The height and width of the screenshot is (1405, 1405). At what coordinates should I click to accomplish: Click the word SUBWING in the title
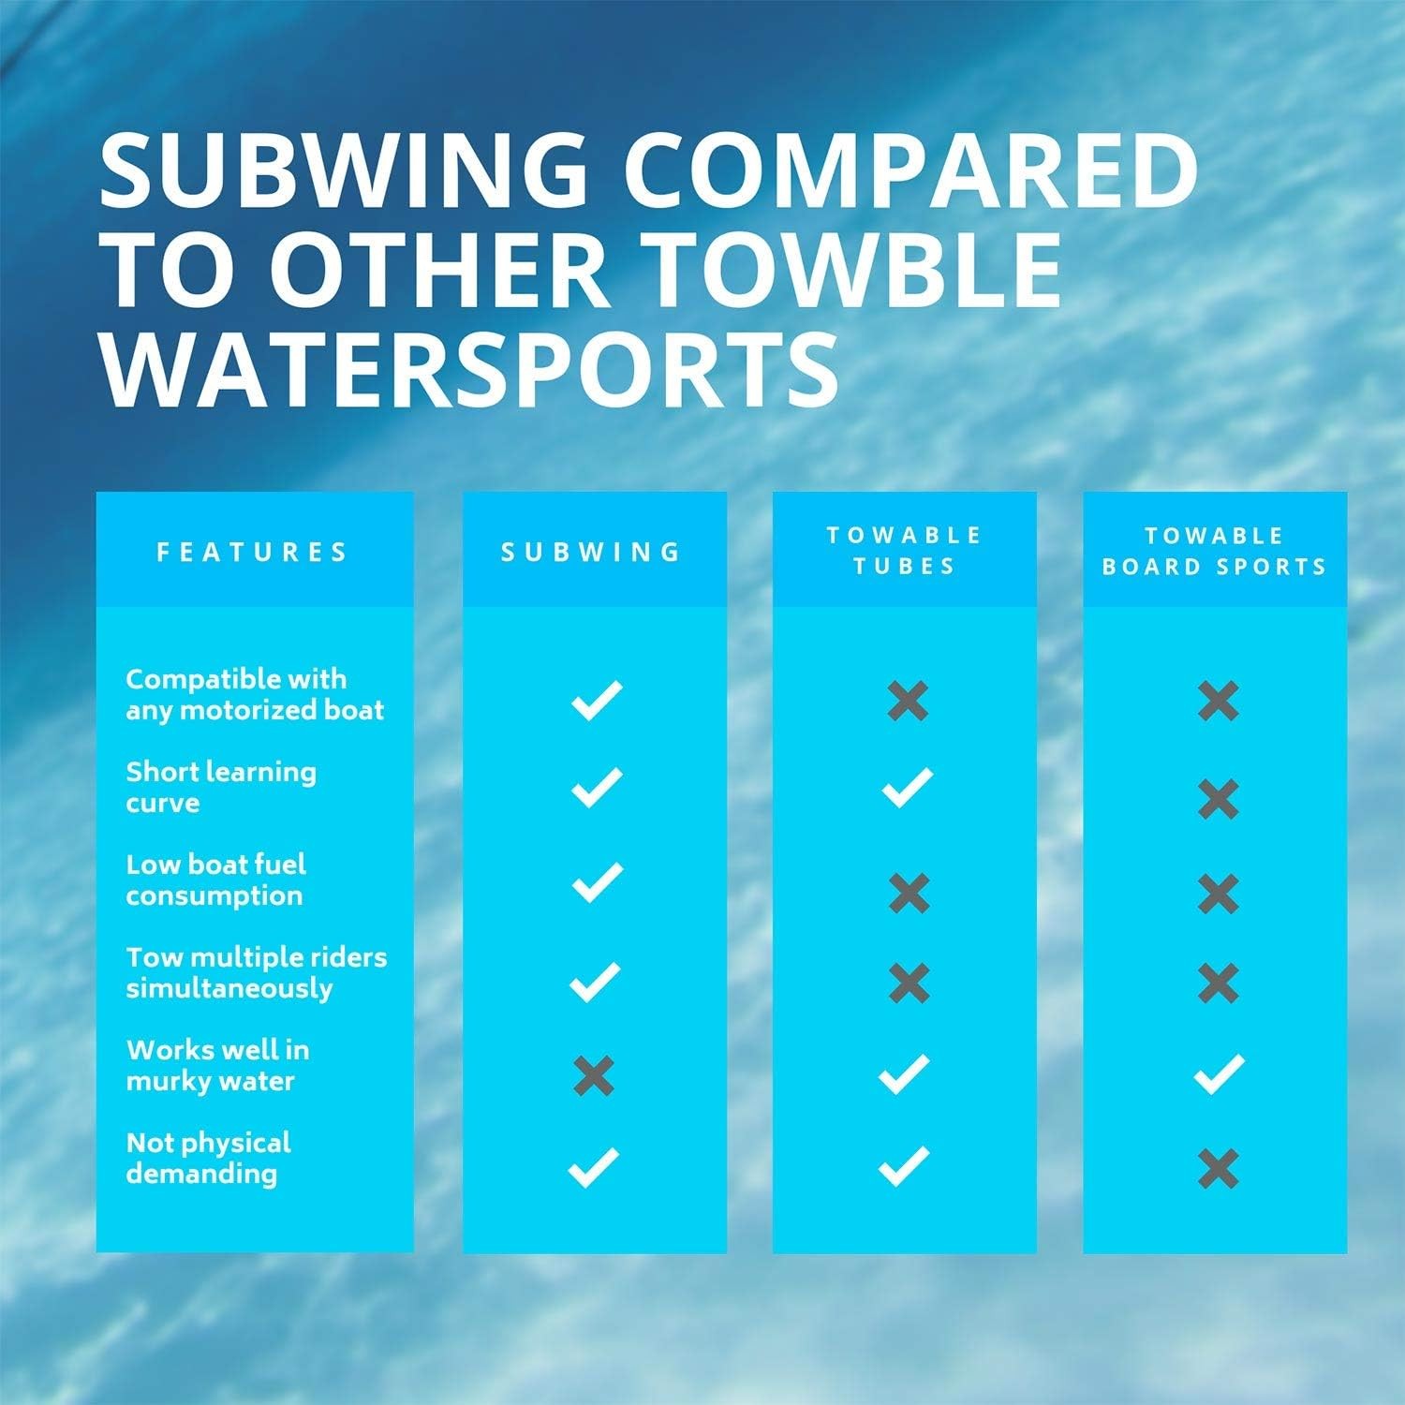coord(343,171)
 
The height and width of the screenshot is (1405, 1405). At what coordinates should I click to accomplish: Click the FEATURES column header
coord(253,552)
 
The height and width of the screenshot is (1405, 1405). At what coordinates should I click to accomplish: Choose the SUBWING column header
coord(592,552)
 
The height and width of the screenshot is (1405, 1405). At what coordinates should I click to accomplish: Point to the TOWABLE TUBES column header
coord(905,551)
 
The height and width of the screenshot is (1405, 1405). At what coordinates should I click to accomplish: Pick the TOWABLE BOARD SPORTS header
coord(1215,551)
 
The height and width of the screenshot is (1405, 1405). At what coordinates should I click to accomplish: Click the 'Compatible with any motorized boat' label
coord(255,694)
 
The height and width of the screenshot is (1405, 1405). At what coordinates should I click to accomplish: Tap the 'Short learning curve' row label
coord(221,787)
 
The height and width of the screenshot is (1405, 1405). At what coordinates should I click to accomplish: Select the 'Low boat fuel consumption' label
coord(215,880)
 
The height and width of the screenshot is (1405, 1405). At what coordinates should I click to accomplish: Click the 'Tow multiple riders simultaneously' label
coord(256,972)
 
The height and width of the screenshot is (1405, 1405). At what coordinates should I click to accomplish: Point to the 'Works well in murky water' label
coord(217,1065)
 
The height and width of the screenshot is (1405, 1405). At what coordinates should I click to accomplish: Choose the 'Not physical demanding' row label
coord(208,1158)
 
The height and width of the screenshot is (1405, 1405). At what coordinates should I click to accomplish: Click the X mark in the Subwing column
coord(594,1075)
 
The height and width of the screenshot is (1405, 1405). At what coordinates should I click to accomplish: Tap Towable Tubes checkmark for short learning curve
coord(907,788)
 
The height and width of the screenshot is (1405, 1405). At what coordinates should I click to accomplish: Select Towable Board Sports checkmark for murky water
coord(1219,1074)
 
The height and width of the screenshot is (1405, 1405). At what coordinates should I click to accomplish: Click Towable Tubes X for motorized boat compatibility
coord(908,701)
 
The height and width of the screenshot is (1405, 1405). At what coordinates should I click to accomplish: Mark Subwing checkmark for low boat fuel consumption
coord(597,882)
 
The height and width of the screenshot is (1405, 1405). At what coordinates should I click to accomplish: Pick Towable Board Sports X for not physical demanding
coord(1218,1168)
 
